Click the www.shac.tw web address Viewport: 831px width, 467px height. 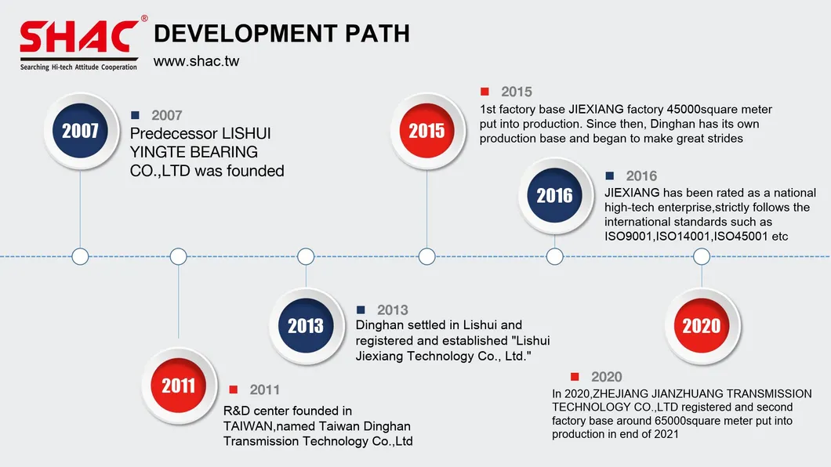pos(196,61)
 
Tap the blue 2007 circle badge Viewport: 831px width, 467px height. pos(81,131)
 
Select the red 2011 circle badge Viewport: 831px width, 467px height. pos(179,386)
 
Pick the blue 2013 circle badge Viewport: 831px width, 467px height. pos(306,326)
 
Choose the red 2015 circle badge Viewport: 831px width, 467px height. pos(426,131)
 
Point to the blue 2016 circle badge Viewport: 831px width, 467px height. pos(555,195)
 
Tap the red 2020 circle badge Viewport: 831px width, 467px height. pos(702,326)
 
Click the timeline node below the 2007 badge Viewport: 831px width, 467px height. pos(80,256)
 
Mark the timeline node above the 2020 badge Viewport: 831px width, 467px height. pos(702,256)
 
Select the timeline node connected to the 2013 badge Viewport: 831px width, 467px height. pos(306,256)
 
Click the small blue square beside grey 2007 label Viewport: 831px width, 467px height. pos(135,115)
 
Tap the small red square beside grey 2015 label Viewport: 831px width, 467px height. pos(484,91)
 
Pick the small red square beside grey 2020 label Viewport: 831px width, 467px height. pos(575,376)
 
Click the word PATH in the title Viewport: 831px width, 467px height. pos(377,34)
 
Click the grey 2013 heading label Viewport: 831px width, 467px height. pos(392,310)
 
